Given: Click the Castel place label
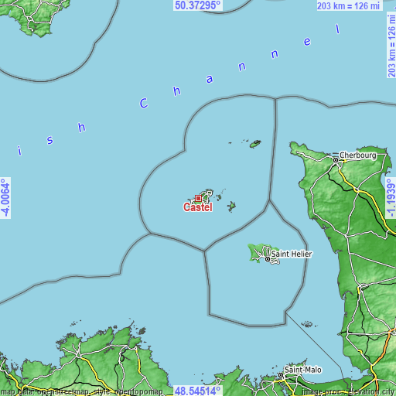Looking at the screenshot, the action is pyautogui.click(x=197, y=207).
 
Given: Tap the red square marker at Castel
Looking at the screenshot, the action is pyautogui.click(x=198, y=199).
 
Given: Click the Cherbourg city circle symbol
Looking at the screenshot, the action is pyautogui.click(x=336, y=160).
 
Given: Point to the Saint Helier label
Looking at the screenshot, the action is pyautogui.click(x=292, y=252).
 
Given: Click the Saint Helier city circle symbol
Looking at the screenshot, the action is pyautogui.click(x=268, y=258).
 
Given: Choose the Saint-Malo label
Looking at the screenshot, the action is pyautogui.click(x=303, y=370).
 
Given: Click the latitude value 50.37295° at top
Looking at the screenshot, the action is pyautogui.click(x=197, y=5).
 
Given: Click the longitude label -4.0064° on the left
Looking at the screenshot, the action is pyautogui.click(x=6, y=198).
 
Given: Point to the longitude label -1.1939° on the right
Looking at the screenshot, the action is pyautogui.click(x=390, y=198).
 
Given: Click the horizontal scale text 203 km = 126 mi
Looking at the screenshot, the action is pyautogui.click(x=350, y=6).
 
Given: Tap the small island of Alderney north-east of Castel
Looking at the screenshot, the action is pyautogui.click(x=254, y=143).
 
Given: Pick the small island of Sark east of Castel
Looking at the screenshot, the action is pyautogui.click(x=230, y=206).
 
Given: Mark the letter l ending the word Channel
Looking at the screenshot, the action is pyautogui.click(x=338, y=29).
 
